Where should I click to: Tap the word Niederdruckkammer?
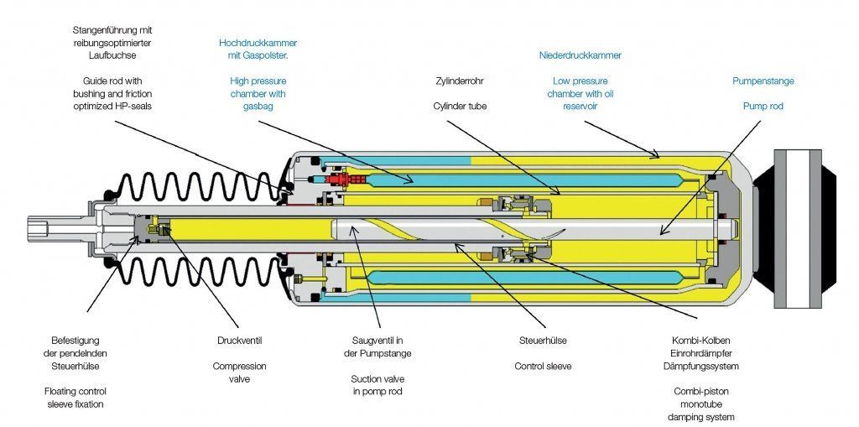click(580, 55)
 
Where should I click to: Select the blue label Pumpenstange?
click(763, 81)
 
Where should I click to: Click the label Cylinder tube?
click(459, 107)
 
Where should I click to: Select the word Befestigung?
click(75, 341)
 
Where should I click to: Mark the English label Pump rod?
click(763, 107)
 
